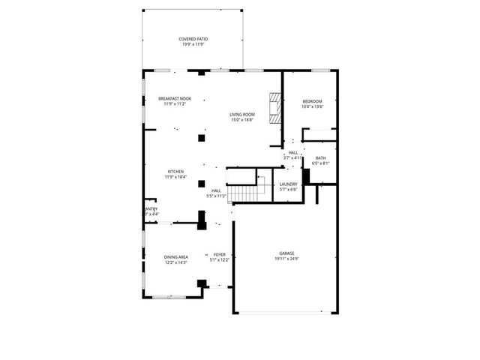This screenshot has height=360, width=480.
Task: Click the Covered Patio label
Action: (193, 39)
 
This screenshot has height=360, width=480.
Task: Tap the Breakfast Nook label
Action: (175, 99)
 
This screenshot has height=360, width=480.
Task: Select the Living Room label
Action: (241, 114)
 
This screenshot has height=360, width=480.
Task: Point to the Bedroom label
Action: (312, 101)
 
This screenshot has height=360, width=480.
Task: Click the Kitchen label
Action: (175, 172)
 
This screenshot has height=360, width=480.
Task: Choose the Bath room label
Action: (321, 157)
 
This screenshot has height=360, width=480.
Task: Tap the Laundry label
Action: (289, 184)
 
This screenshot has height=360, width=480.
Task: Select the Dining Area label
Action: (176, 257)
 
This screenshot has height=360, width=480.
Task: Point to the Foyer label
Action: (220, 255)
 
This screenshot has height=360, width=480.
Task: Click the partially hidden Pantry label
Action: (151, 209)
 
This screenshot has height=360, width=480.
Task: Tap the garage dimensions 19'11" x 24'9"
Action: (287, 259)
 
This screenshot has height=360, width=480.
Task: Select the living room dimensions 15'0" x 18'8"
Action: (241, 119)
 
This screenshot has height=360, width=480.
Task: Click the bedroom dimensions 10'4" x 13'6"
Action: (312, 106)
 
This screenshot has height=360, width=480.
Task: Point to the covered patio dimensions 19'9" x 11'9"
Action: (193, 44)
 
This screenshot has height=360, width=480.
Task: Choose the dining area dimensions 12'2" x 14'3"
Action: (176, 262)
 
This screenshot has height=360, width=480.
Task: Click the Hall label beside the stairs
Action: (216, 190)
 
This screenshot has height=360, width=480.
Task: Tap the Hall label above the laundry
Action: (293, 153)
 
